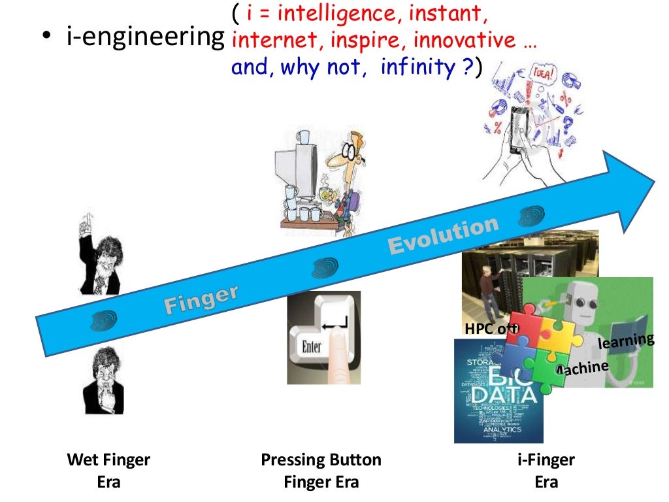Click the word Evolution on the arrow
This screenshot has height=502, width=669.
tap(444, 237)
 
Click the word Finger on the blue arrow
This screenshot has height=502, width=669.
tap(201, 298)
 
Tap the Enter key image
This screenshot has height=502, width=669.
tap(323, 337)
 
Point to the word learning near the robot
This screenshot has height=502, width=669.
tap(626, 341)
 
